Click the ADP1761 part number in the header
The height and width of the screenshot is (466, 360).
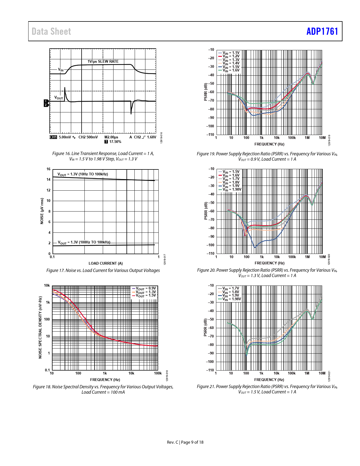(x=322, y=31)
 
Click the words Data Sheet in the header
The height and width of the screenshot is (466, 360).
(x=51, y=31)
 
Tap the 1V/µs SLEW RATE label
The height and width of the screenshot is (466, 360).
(x=103, y=61)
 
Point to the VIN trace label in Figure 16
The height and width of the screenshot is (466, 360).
(x=61, y=69)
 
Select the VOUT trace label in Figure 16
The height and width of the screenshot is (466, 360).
(x=59, y=98)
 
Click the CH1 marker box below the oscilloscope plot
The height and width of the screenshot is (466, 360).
(x=53, y=137)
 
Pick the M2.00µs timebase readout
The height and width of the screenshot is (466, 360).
(x=111, y=137)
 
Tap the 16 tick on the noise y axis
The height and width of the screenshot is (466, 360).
(x=49, y=169)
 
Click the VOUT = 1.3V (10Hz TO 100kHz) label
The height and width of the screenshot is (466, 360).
(x=83, y=174)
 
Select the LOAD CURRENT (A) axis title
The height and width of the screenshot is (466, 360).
(x=106, y=263)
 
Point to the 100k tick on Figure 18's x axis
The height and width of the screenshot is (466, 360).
(x=158, y=373)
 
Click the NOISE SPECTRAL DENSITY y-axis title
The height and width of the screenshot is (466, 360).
(x=40, y=328)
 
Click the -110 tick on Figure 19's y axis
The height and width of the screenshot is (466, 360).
(x=211, y=135)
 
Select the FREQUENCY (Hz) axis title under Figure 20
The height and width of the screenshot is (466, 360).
(x=269, y=263)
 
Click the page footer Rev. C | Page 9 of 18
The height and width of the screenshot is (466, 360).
(x=185, y=442)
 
